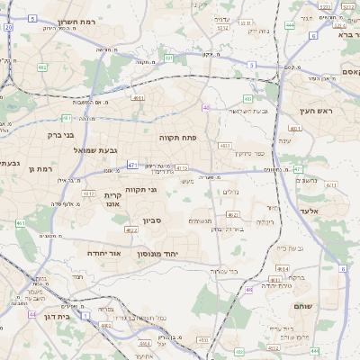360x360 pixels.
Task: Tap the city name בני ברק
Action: [64, 135]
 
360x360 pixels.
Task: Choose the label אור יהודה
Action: [103, 254]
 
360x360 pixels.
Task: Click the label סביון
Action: [150, 219]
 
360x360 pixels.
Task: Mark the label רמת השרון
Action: [75, 20]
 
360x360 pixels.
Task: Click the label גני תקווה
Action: [139, 190]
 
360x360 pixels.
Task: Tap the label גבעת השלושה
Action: [248, 111]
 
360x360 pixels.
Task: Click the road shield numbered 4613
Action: [181, 167]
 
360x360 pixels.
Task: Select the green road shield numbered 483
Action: [247, 98]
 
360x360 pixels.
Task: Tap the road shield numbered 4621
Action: [232, 215]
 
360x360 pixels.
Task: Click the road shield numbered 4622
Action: [131, 230]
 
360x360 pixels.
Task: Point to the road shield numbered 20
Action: [8, 28]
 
